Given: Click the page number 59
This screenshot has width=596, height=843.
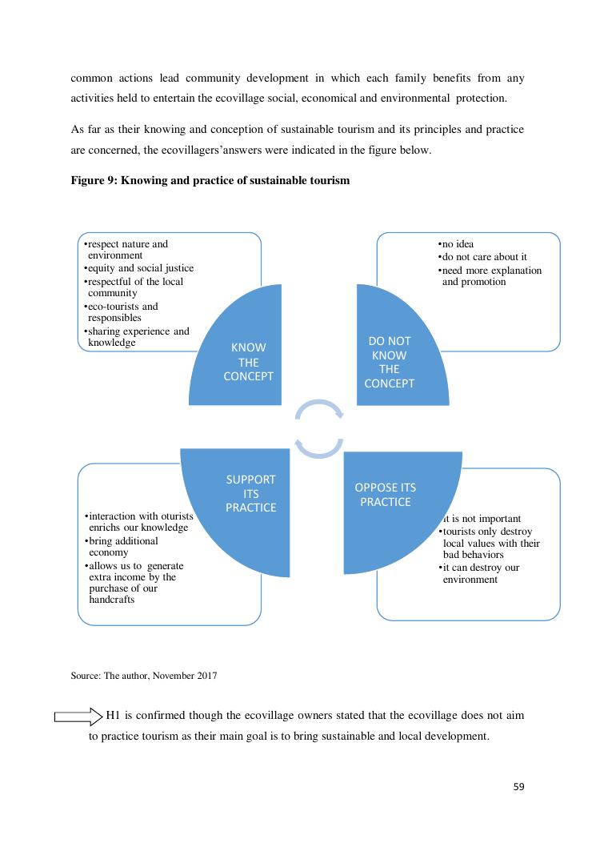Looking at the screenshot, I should pyautogui.click(x=518, y=787).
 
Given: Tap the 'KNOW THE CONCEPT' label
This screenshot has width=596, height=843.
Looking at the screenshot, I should pyautogui.click(x=248, y=362).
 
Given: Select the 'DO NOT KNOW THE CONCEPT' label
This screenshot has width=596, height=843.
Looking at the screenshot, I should pyautogui.click(x=389, y=362).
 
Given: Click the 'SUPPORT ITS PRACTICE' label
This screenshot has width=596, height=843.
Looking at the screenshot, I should pyautogui.click(x=250, y=493).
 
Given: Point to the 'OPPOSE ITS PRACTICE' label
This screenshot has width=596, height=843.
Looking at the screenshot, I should pyautogui.click(x=385, y=495).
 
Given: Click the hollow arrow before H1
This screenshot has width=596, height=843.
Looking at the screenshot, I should pyautogui.click(x=78, y=716).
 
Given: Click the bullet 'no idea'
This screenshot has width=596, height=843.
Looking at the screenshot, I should pyautogui.click(x=458, y=244).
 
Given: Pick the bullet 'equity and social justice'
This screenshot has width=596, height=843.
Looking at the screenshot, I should pyautogui.click(x=141, y=268).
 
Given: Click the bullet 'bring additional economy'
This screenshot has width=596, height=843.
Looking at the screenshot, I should pyautogui.click(x=123, y=547).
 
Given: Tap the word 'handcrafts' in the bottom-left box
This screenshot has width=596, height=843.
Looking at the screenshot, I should pyautogui.click(x=111, y=600).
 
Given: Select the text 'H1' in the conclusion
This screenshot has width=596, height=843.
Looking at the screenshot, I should pyautogui.click(x=116, y=715).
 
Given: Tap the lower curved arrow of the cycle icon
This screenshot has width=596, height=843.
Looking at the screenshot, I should pyautogui.click(x=319, y=447).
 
